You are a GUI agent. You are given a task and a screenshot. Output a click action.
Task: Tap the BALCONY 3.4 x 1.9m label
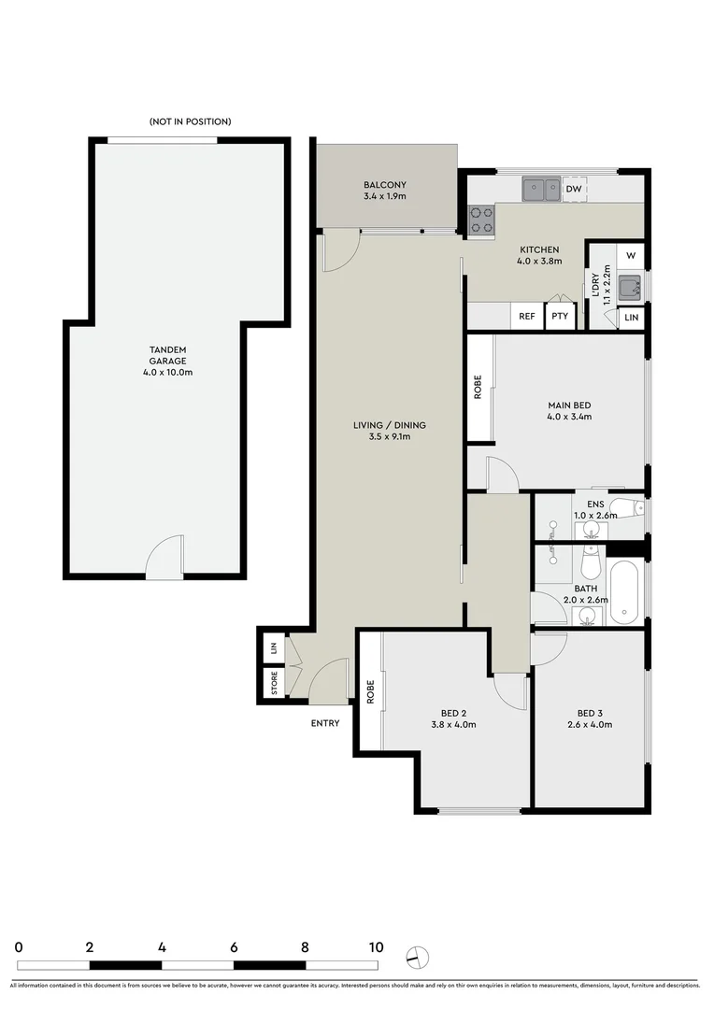pos(385,191)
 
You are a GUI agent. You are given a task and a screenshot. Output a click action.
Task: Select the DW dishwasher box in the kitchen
pos(574,190)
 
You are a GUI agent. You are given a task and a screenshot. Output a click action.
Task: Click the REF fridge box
pos(527,317)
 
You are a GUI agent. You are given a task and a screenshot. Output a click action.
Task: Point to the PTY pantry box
pos(560,317)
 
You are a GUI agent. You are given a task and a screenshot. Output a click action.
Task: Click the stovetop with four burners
pos(481,220)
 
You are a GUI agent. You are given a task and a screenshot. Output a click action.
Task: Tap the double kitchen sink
pos(541,190)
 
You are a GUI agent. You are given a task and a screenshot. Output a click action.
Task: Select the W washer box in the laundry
pos(631,256)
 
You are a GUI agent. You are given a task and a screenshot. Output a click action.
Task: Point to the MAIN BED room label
pos(569,411)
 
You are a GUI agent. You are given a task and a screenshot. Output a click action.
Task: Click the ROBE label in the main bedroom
pos(478,387)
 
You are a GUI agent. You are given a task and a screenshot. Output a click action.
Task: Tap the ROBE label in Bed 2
pos(370,691)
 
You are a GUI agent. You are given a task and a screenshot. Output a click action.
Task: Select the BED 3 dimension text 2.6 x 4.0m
pos(590,724)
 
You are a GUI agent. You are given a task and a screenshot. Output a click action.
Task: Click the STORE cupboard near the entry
pos(274,684)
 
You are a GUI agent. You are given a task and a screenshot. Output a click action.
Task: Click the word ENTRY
pos(325,723)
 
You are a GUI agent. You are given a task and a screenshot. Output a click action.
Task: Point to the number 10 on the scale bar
pos(376,946)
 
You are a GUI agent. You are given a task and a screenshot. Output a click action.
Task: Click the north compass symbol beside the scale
pos(417,956)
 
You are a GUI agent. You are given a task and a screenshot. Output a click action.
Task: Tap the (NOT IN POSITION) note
pos(190,121)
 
